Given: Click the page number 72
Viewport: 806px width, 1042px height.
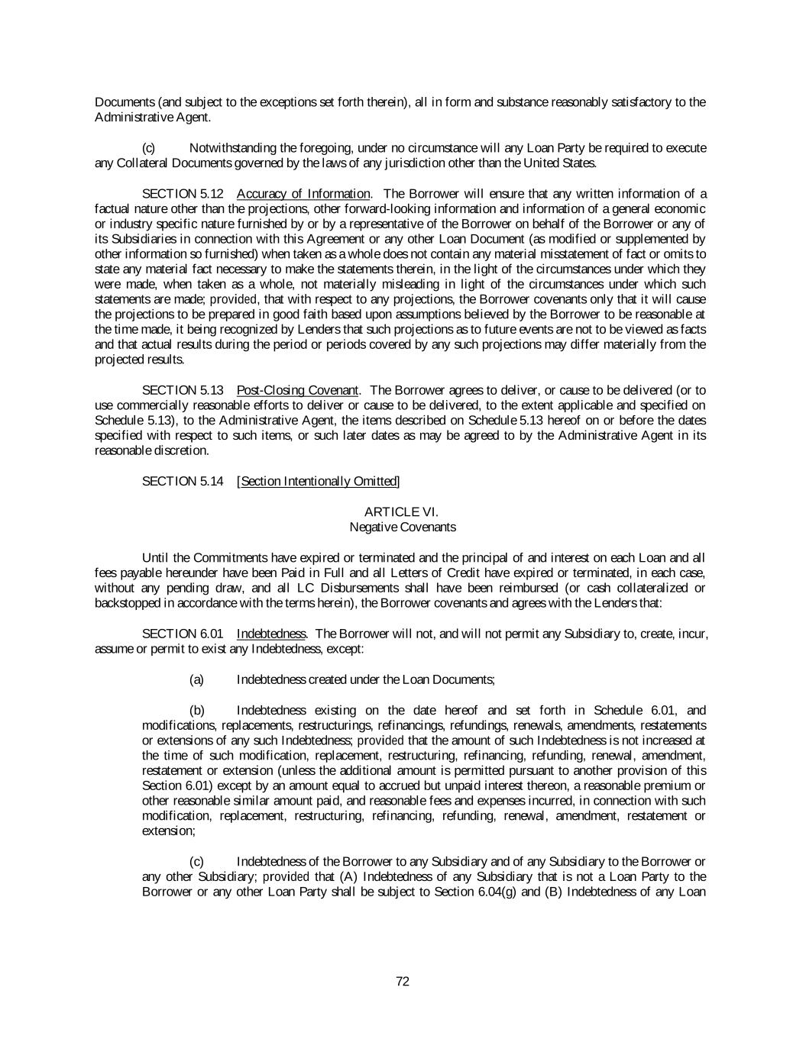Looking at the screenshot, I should coord(403,982).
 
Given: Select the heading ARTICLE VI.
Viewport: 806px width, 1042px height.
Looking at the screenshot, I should coord(402,512).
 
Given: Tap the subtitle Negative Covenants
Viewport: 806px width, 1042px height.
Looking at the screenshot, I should coord(403,527).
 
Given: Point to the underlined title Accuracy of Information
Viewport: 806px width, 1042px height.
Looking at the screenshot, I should coord(303,193).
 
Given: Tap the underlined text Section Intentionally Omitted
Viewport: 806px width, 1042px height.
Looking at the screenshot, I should coord(318,481).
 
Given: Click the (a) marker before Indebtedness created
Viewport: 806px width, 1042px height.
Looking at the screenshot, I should coord(196,679).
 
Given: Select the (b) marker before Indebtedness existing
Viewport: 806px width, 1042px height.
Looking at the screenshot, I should coord(196,710).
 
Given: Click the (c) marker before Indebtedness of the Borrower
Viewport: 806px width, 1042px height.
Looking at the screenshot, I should coord(196,862).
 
